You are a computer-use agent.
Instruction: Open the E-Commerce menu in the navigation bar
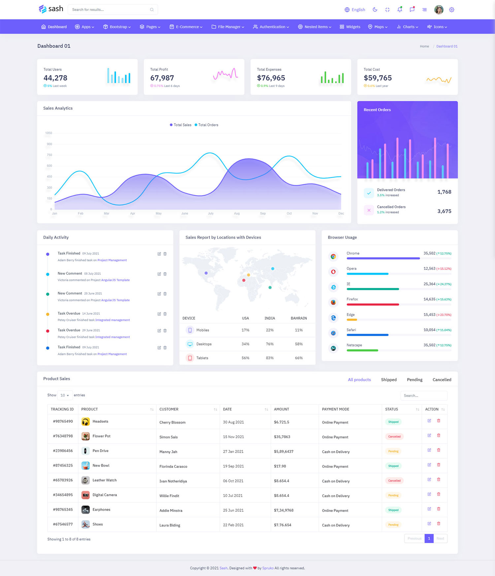point(186,27)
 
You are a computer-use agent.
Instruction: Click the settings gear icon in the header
point(451,10)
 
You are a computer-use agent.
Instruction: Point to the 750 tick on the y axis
point(49,155)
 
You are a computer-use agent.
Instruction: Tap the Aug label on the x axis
point(237,213)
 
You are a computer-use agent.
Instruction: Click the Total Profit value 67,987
point(162,78)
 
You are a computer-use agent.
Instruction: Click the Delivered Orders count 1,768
point(444,192)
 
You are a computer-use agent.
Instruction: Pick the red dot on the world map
point(244,280)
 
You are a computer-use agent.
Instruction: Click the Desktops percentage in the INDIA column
point(270,344)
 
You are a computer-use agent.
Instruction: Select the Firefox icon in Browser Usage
point(333,302)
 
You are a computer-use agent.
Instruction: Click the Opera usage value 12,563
point(429,269)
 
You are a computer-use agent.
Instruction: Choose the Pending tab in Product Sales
point(414,380)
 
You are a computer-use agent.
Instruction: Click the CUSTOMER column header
point(169,409)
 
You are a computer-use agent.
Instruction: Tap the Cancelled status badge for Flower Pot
point(394,436)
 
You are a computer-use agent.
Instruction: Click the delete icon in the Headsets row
point(439,421)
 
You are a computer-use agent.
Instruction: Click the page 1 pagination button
point(429,538)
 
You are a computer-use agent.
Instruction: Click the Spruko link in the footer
point(268,568)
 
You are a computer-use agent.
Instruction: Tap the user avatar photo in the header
point(439,10)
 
